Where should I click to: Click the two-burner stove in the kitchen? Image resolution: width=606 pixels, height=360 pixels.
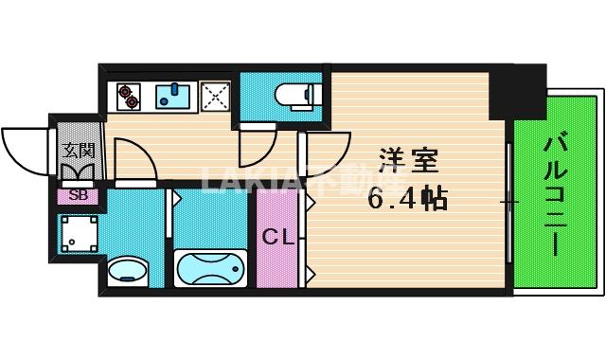coord(128,96)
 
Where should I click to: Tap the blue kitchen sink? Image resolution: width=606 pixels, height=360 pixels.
coord(172,97)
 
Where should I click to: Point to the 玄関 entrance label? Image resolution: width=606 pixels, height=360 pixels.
coord(79,151)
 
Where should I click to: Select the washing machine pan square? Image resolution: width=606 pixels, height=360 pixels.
coord(78,231)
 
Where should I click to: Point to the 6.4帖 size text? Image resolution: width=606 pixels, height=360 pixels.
coord(408,199)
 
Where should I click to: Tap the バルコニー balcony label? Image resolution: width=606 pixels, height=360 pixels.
coord(557,195)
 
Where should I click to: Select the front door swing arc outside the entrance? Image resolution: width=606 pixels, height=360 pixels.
coord(27,150)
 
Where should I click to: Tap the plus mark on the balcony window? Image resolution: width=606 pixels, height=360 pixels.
coord(509,202)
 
